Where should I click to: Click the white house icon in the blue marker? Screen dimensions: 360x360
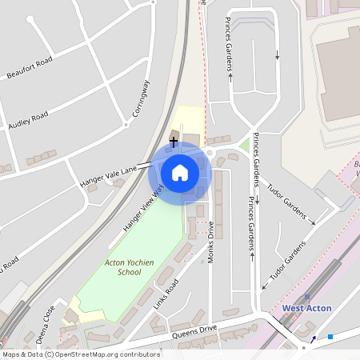point(179,172)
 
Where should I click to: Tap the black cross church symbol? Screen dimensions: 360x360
point(174,142)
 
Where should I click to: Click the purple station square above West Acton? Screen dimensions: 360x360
point(307,297)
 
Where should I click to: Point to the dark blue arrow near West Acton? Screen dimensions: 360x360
point(314,338)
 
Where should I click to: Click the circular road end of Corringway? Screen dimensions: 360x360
point(126,125)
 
